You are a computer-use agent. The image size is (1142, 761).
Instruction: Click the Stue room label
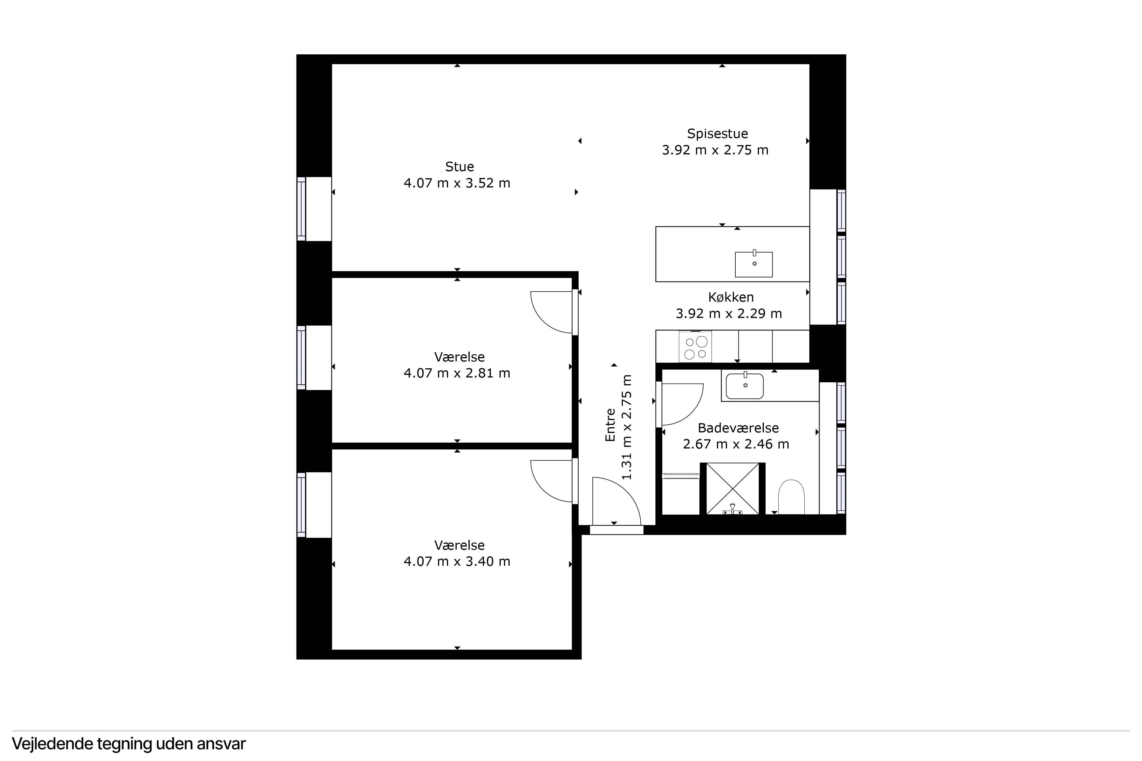[459, 166]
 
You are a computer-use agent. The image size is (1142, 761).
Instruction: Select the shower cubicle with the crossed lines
[732, 488]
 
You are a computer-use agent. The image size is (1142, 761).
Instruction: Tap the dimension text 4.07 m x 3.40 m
[457, 561]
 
